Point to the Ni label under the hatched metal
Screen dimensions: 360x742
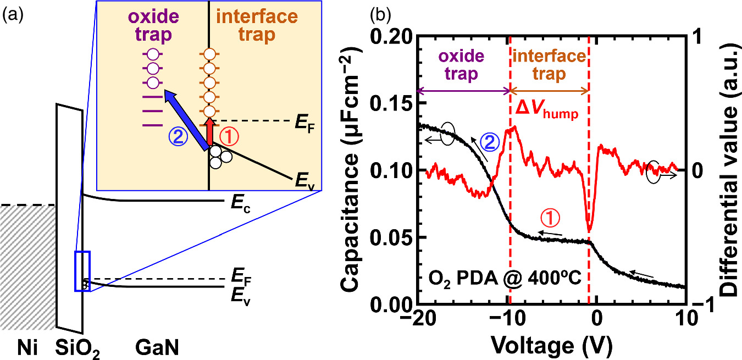28,347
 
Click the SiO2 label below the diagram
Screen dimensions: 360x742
77,348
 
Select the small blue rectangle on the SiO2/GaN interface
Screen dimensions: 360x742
82,271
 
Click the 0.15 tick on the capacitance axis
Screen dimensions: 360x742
391,102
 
